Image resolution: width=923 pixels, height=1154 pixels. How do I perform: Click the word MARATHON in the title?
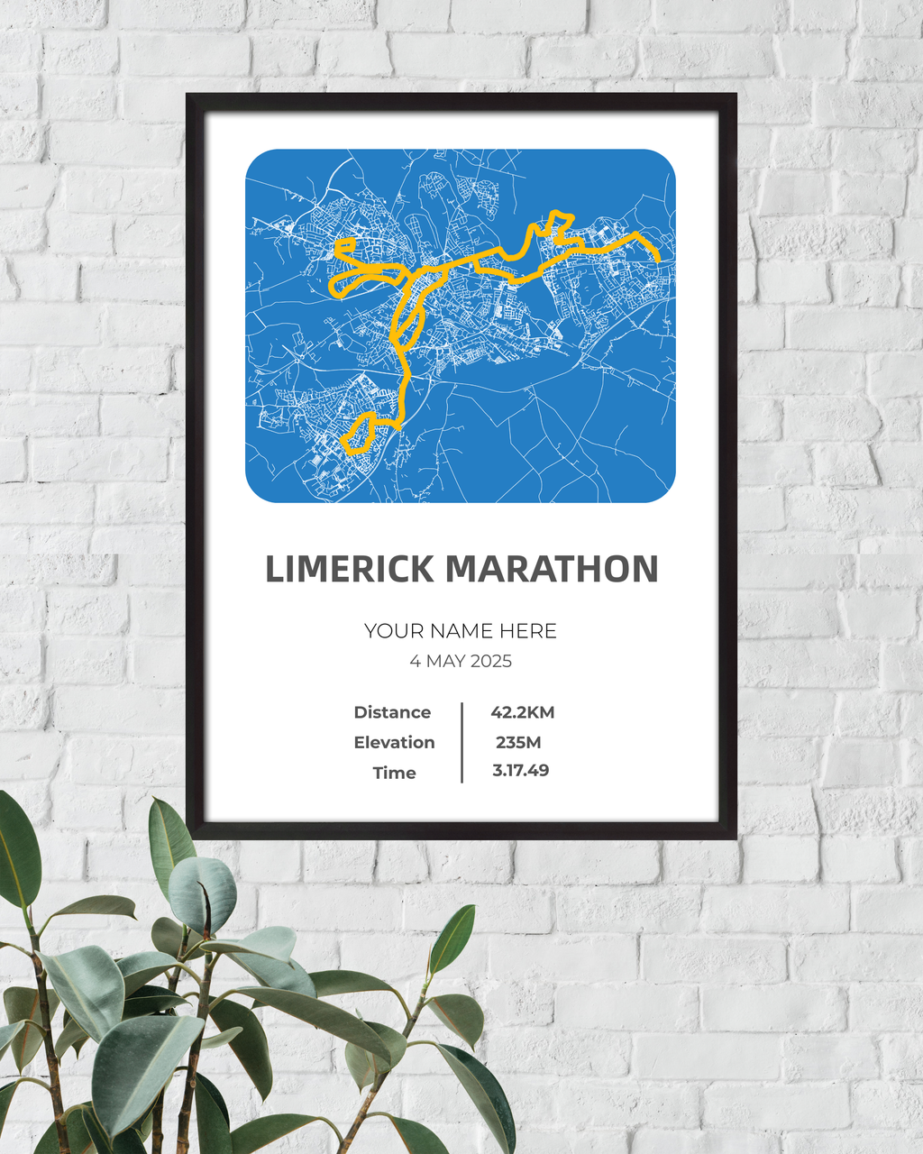click(x=552, y=570)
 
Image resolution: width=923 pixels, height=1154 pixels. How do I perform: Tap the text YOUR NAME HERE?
click(x=461, y=631)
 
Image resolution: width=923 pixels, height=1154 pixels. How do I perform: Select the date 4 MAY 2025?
click(x=461, y=662)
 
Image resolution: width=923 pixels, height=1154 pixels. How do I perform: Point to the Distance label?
click(x=392, y=712)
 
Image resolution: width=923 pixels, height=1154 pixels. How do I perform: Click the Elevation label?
click(x=394, y=743)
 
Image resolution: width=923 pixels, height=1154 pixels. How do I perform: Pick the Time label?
click(x=394, y=773)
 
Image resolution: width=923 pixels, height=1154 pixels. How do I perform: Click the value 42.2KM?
click(x=522, y=712)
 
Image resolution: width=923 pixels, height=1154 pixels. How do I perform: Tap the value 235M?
click(x=518, y=743)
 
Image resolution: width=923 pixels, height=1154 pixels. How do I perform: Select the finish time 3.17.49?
click(x=520, y=771)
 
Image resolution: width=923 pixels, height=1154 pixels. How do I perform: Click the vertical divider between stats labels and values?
click(x=461, y=742)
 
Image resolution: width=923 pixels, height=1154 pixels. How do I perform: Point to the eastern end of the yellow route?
click(x=658, y=259)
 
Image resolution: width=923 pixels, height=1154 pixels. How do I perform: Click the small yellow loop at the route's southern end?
click(x=361, y=432)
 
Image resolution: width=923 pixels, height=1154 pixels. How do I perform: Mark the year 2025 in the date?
click(x=491, y=662)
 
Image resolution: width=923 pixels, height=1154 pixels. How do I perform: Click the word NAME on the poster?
click(x=460, y=631)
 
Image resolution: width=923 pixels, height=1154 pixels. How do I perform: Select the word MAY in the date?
click(x=445, y=662)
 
